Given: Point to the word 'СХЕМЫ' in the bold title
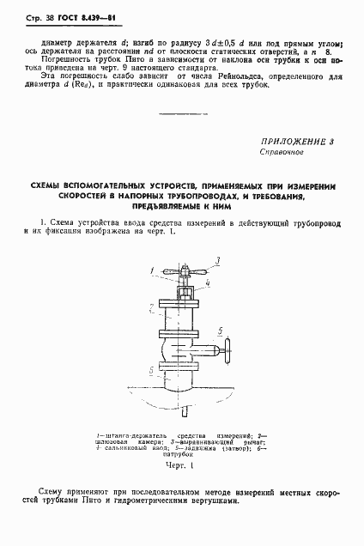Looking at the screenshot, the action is (x=50, y=186).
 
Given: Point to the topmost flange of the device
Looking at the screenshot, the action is (x=184, y=300).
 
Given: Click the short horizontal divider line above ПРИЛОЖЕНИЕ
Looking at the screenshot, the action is (x=181, y=114).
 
